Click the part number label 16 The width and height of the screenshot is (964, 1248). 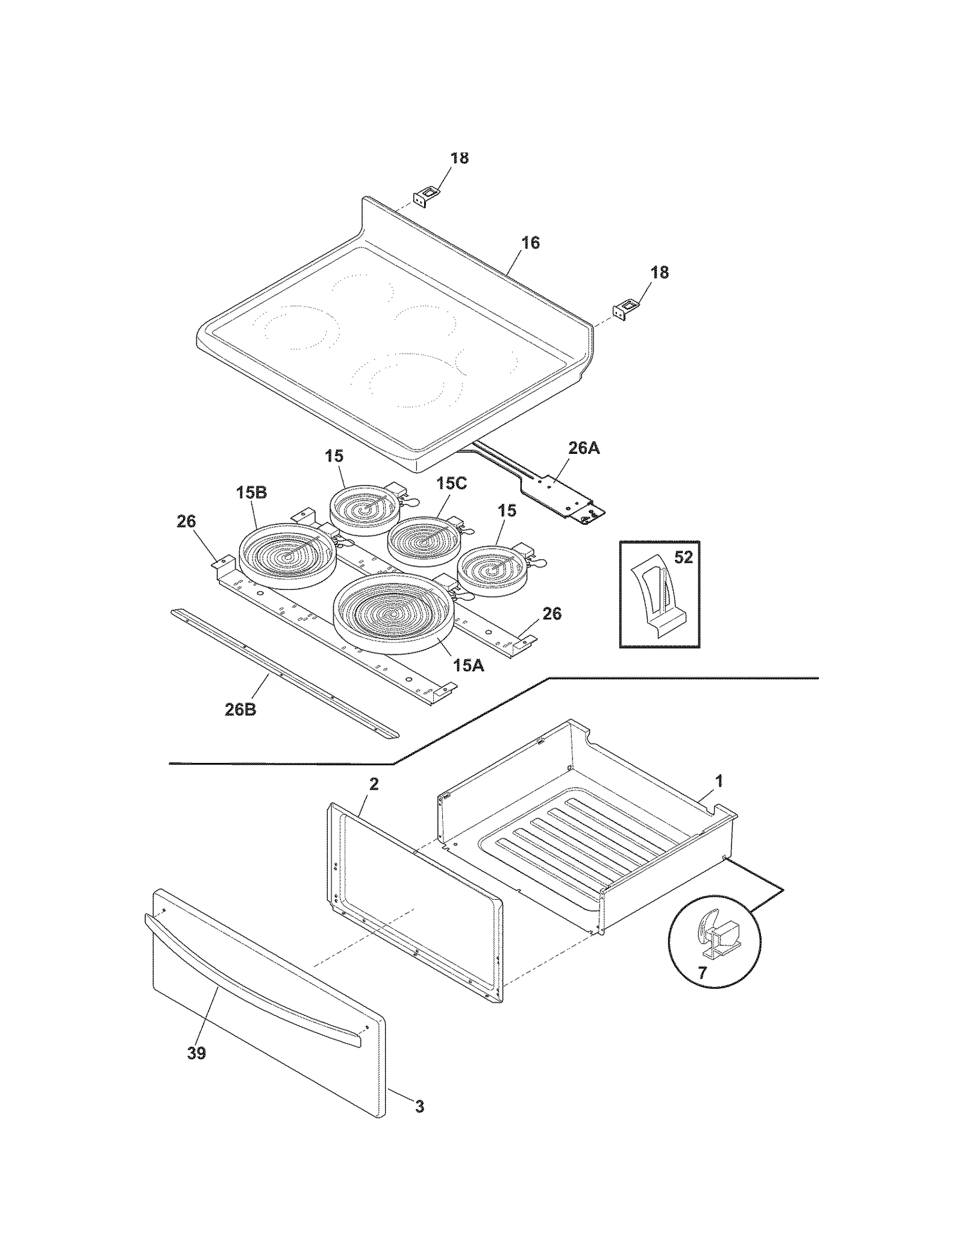pos(530,243)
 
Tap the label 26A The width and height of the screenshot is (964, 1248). pos(583,448)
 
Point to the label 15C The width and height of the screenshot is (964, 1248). pos(452,483)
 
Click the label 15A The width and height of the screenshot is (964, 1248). pos(468,665)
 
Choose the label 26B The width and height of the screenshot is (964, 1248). pos(240,710)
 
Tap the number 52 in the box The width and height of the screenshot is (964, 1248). pos(683,557)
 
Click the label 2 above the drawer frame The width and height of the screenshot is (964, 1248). pos(374,784)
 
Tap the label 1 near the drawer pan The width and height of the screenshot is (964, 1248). pos(718,782)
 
